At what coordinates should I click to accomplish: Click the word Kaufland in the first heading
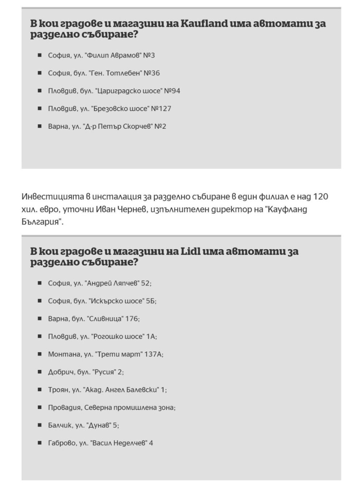coord(204,24)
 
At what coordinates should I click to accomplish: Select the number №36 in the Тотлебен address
coord(152,73)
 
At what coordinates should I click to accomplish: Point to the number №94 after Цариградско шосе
coord(172,91)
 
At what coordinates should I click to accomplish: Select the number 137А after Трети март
coord(153,354)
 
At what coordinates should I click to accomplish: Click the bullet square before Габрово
coord(40,443)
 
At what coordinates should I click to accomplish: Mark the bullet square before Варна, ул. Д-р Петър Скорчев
coord(40,126)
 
